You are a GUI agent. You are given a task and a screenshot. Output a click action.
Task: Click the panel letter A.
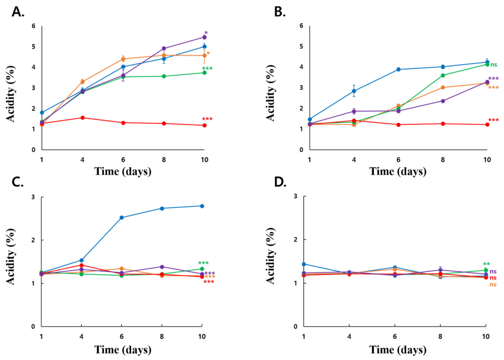17,12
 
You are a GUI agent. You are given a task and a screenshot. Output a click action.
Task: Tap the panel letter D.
280,182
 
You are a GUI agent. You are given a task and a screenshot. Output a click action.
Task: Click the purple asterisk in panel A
206,33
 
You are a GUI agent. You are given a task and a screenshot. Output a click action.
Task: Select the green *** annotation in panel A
207,68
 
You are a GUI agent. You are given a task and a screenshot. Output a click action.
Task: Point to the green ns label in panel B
493,65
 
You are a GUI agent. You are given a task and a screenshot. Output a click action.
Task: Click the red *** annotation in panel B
493,120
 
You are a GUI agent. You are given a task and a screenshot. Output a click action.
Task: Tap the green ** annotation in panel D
487,264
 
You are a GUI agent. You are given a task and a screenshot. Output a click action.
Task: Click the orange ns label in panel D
493,285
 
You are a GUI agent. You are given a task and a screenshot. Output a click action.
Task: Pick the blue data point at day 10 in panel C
202,206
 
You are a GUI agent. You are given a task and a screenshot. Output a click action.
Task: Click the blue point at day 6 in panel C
121,218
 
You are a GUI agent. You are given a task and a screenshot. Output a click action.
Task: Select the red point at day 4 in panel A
83,118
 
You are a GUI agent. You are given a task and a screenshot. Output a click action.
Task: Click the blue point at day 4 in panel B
354,91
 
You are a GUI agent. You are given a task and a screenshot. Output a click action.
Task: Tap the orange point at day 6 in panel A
123,59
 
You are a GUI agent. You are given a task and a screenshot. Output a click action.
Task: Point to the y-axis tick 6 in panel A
33,26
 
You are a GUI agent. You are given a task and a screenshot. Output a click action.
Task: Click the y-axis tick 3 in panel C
33,197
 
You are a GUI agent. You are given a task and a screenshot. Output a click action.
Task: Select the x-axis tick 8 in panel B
443,160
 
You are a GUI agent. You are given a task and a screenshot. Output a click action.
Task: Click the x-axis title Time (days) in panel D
398,349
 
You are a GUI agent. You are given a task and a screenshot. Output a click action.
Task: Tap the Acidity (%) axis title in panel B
272,93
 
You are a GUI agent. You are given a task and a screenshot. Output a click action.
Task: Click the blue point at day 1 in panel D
304,264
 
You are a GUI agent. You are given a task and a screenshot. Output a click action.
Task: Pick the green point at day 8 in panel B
443,75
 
